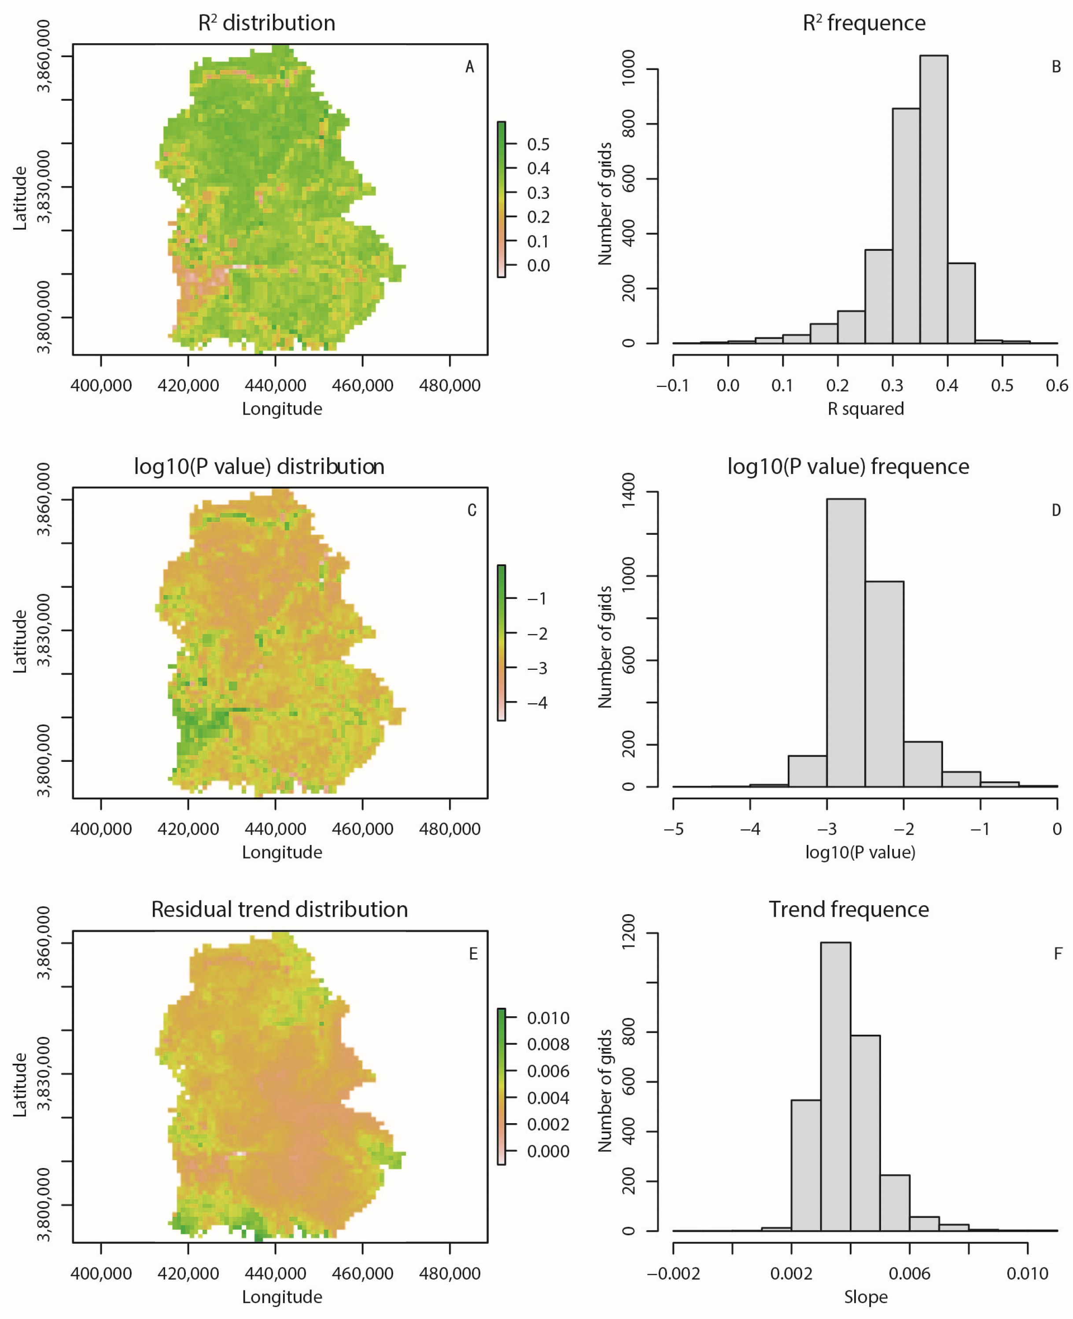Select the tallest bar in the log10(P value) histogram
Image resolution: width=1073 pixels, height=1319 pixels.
[x=845, y=643]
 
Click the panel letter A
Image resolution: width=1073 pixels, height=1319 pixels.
[x=470, y=67]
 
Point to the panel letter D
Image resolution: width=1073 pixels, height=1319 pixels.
[x=1056, y=510]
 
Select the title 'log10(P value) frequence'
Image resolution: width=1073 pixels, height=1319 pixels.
[x=848, y=467]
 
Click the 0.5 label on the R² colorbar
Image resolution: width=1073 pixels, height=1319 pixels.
[x=538, y=144]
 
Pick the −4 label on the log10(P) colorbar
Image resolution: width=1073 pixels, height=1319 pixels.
[x=537, y=702]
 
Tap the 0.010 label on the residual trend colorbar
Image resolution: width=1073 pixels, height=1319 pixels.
[x=548, y=1018]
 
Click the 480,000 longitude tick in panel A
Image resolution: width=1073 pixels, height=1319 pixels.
[x=450, y=386]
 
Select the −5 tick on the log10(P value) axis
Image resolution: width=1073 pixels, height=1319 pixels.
[x=673, y=829]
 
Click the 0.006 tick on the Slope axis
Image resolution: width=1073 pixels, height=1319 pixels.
[x=909, y=1274]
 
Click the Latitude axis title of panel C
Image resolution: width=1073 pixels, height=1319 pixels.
[x=20, y=641]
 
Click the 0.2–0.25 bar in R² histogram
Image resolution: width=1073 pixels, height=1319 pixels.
[x=851, y=327]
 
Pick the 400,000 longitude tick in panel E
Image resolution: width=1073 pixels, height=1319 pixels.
[x=101, y=1274]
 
